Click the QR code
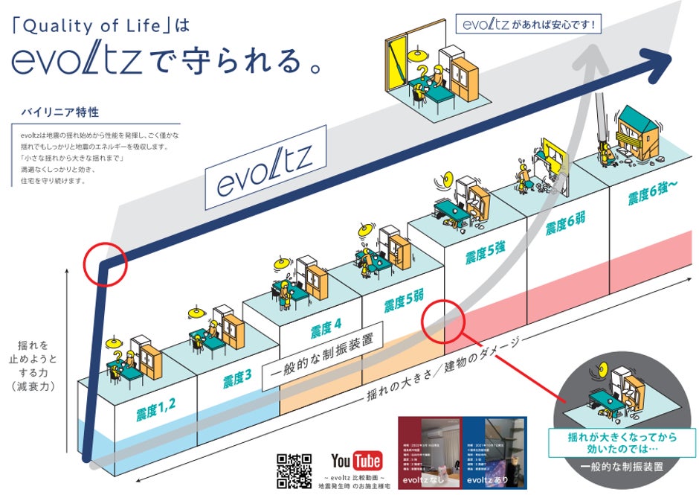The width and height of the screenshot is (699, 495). [293, 470]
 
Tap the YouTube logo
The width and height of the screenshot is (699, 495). [355, 460]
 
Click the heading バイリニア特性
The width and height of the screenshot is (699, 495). [60, 112]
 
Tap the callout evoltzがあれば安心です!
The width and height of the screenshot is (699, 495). [528, 25]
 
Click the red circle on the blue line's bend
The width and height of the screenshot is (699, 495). [106, 264]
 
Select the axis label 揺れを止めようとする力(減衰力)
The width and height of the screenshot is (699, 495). [36, 365]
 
